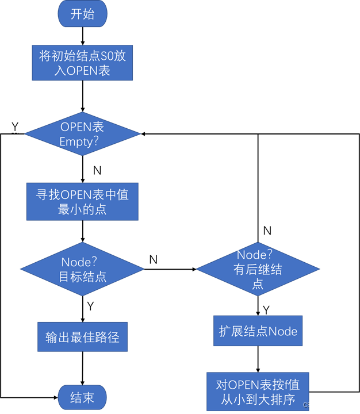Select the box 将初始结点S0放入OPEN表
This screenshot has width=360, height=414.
click(x=82, y=63)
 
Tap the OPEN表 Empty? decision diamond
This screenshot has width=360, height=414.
click(x=82, y=134)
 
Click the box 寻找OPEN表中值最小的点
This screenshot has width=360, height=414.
click(x=82, y=202)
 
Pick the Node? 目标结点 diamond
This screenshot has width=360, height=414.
click(x=82, y=269)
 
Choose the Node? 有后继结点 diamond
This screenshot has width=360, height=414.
click(x=258, y=269)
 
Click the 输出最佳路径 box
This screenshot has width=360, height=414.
click(x=82, y=336)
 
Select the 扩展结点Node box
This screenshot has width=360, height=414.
click(x=258, y=331)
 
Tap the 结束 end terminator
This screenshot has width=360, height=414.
click(x=82, y=398)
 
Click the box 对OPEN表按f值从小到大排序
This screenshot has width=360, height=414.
click(x=257, y=392)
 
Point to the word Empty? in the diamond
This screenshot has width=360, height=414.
click(x=82, y=141)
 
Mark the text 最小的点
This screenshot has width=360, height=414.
click(x=82, y=209)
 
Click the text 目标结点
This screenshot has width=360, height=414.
click(x=83, y=277)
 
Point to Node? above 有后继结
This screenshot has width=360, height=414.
click(x=255, y=255)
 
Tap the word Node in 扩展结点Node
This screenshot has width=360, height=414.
click(x=283, y=332)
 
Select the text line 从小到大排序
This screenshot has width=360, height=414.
click(x=257, y=399)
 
